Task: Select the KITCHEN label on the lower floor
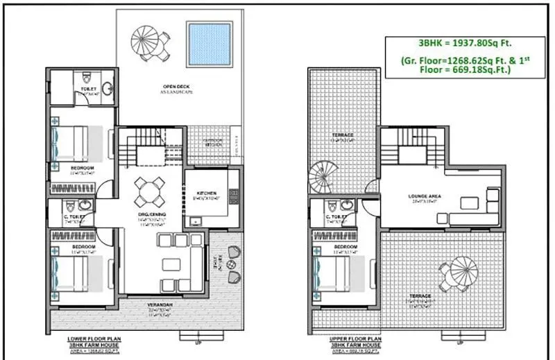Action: pyautogui.click(x=206, y=193)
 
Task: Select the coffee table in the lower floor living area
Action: pyautogui.click(x=172, y=264)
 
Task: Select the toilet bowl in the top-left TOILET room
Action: pyautogui.click(x=87, y=76)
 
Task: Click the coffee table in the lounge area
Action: pyautogui.click(x=470, y=202)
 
